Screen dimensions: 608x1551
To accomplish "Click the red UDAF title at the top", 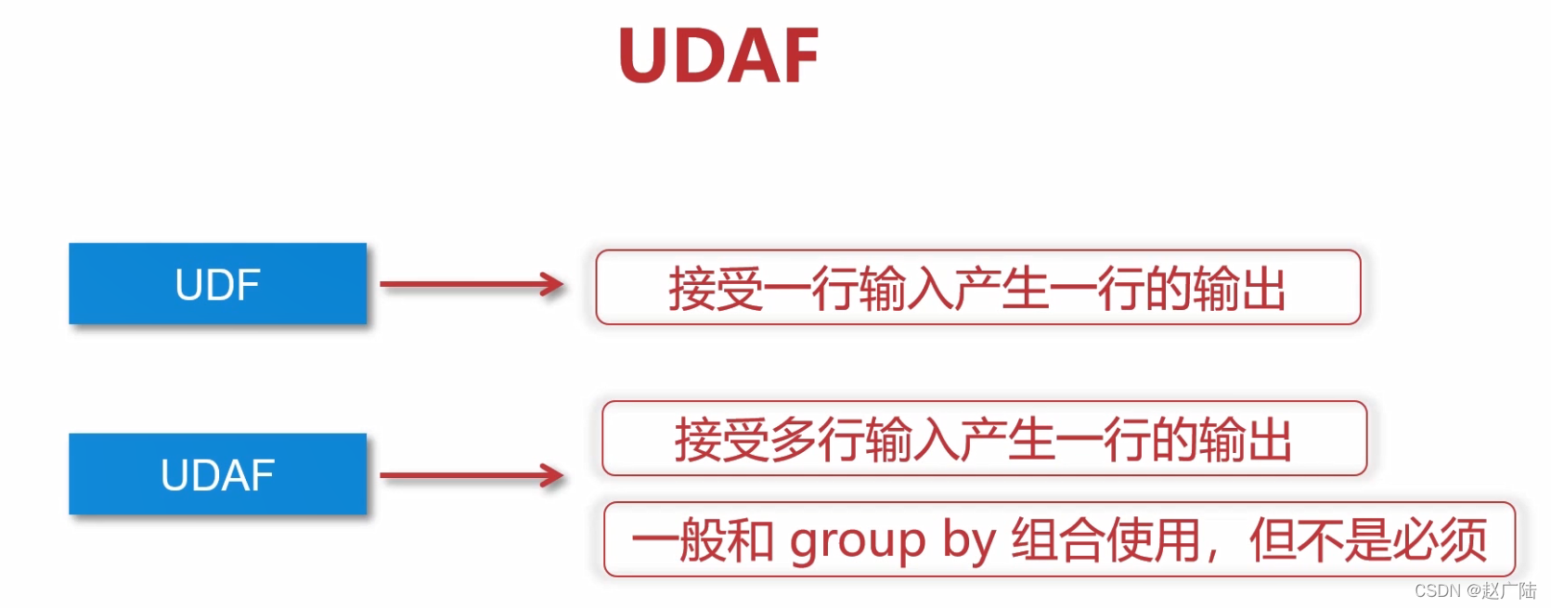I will (x=718, y=56).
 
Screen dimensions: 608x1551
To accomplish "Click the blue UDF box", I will (x=217, y=284).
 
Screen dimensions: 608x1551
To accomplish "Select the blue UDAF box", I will (x=217, y=474).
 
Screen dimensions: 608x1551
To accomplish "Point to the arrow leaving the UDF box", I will (x=472, y=285).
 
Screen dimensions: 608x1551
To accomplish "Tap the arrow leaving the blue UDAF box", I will (x=472, y=476).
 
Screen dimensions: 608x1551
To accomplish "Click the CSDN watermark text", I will (x=1437, y=591).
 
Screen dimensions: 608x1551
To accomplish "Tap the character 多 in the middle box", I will (x=793, y=440).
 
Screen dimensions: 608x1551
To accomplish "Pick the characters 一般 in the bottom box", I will (x=679, y=540).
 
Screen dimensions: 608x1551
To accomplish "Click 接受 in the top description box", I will (x=716, y=289).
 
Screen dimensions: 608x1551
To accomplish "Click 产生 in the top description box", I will (x=1001, y=289).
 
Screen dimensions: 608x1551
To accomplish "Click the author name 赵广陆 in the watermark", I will (x=1509, y=591).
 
